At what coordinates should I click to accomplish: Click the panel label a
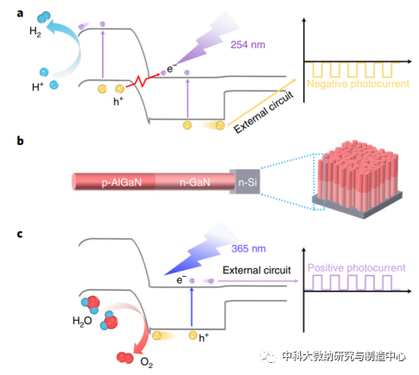point(20,14)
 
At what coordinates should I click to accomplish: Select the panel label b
point(20,141)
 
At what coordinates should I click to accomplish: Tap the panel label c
point(20,234)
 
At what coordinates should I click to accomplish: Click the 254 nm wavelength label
point(247,45)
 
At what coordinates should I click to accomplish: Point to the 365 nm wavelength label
point(248,248)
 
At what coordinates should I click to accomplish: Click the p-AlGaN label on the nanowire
point(122,183)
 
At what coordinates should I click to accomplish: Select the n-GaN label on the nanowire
point(195,183)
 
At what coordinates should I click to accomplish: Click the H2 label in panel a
point(35,32)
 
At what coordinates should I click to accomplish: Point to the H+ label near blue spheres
point(38,86)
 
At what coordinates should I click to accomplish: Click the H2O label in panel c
point(82,321)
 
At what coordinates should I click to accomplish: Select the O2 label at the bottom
point(147,363)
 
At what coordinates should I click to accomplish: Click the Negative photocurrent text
point(358,84)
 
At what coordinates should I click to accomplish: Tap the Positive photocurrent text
point(356,268)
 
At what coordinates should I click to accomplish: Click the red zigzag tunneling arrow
point(142,80)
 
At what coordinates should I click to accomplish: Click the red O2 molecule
point(125,358)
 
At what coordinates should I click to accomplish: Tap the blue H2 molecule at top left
point(44,17)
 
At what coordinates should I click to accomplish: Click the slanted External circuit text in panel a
point(264,112)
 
